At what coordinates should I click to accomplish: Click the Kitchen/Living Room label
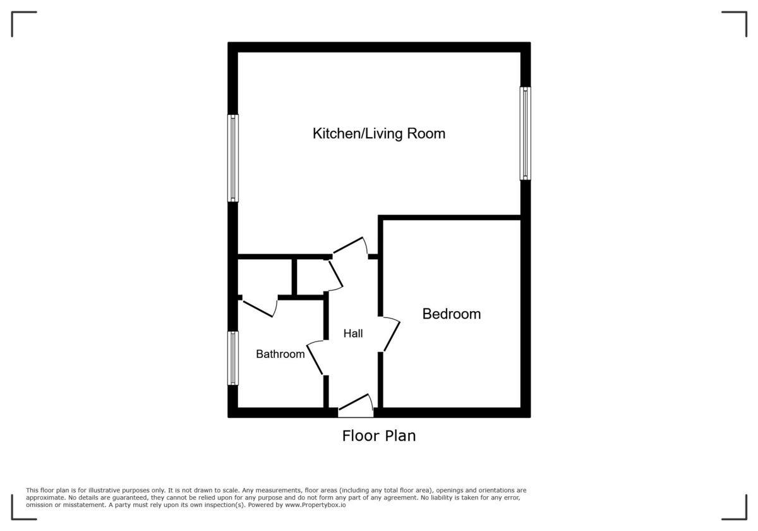pos(379,133)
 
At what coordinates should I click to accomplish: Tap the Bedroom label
pos(452,314)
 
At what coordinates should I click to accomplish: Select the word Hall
pos(353,333)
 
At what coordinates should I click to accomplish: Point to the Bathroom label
pos(280,354)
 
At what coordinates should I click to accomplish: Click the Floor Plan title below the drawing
pos(379,436)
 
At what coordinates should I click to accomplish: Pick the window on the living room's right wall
pos(525,133)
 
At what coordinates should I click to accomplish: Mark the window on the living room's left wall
pos(233,158)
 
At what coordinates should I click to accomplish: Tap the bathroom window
pos(233,358)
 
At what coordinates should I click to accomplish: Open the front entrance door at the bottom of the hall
pos(355,405)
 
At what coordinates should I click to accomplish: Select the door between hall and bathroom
pos(315,358)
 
